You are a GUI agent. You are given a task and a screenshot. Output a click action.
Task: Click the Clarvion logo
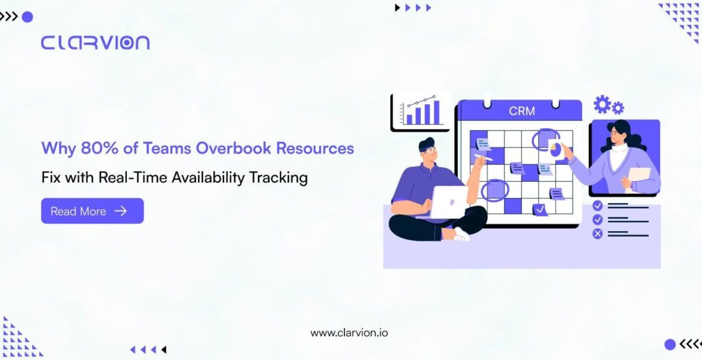coord(95,43)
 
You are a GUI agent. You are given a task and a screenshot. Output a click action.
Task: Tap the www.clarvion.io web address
coord(349,333)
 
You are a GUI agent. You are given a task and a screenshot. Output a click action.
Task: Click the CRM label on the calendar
coord(522,111)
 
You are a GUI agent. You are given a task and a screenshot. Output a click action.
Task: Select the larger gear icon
coord(602,104)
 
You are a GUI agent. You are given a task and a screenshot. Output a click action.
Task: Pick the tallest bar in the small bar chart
coord(436,112)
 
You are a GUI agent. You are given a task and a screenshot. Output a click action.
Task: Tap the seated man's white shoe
coord(461,235)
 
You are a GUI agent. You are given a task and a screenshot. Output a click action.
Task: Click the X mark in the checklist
coord(598,233)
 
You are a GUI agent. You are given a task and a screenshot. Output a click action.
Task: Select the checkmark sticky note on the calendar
coord(540,209)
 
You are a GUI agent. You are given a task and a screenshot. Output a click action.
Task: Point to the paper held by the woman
coord(640,179)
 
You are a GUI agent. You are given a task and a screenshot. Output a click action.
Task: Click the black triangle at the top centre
coord(397,8)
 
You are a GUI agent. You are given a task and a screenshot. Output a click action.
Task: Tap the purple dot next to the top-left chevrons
coord(27,17)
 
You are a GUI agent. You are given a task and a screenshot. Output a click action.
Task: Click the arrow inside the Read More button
coord(121,211)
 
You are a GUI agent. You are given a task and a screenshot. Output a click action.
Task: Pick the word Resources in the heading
coord(315,148)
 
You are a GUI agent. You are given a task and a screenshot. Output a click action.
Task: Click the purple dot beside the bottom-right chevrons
coord(670,344)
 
